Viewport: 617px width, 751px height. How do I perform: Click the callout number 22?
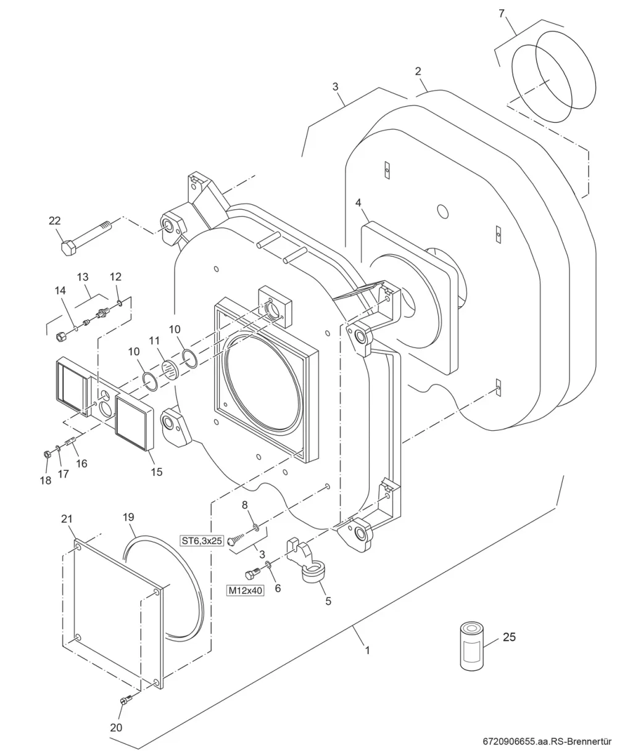coord(54,221)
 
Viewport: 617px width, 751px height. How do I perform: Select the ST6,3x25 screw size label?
coord(202,541)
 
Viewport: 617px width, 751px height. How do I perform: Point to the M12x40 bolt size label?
coord(246,591)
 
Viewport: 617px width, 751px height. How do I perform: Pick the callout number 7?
coord(502,14)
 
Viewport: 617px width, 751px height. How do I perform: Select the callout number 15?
coord(156,472)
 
